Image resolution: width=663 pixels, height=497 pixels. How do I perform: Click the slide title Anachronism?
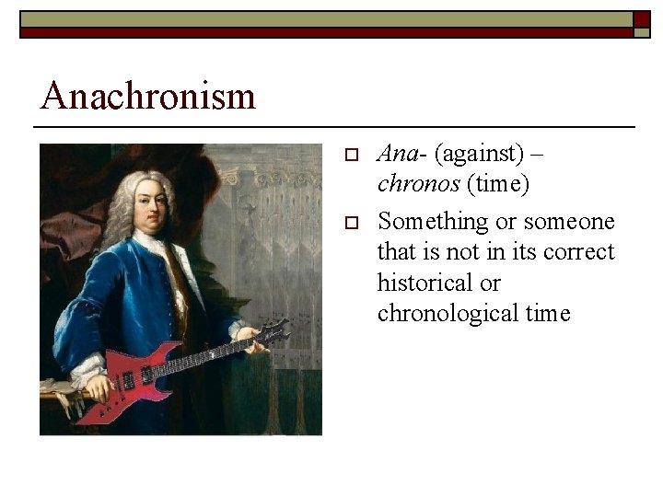pos(148,96)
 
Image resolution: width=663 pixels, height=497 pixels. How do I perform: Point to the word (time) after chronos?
pos(498,184)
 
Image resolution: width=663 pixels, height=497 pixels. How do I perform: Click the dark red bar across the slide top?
pos(322,32)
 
